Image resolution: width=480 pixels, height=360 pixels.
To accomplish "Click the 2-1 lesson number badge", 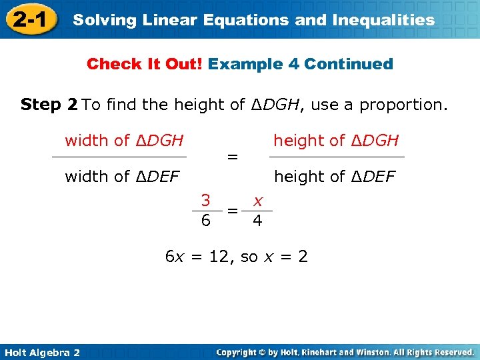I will (29, 19).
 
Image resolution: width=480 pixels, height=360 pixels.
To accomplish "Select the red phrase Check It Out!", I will (145, 64).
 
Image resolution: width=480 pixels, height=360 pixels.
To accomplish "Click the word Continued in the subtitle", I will (349, 64).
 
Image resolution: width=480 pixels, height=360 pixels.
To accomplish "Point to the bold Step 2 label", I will (49, 105).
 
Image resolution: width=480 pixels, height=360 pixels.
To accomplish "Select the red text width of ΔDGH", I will (124, 141).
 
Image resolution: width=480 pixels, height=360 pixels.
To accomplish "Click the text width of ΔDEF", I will (123, 177).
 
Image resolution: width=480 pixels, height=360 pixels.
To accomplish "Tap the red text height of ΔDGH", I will (336, 141).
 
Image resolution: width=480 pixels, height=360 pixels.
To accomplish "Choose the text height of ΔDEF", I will (335, 177).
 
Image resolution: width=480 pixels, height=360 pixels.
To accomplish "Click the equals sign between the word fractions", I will (232, 157).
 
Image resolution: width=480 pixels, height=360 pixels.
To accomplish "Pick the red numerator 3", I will (206, 200).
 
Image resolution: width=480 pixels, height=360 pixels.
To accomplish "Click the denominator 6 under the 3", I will (206, 220).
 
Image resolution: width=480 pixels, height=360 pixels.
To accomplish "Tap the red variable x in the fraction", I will (257, 200).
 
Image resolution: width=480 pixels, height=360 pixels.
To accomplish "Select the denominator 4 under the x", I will (257, 220).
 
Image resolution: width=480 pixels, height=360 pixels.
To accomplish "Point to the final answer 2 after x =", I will (303, 257).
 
